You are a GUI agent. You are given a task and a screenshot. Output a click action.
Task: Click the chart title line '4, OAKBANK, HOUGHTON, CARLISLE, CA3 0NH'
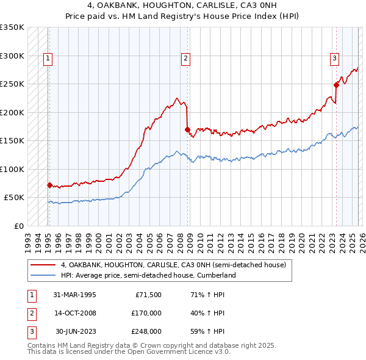click(182, 5)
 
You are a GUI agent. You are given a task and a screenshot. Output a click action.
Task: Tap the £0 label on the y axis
click(18, 226)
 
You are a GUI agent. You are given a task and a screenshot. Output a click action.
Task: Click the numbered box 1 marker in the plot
click(48, 59)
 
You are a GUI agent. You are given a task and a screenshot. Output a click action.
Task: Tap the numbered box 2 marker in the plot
click(185, 59)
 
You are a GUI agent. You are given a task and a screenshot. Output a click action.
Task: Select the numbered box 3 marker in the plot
click(334, 59)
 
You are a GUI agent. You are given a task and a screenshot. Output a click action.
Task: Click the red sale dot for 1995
click(49, 185)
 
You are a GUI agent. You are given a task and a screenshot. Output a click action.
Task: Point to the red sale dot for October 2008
click(187, 129)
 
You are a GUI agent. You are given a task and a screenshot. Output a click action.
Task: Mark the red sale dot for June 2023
click(336, 85)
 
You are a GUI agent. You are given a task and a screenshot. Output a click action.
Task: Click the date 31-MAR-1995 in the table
click(74, 295)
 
